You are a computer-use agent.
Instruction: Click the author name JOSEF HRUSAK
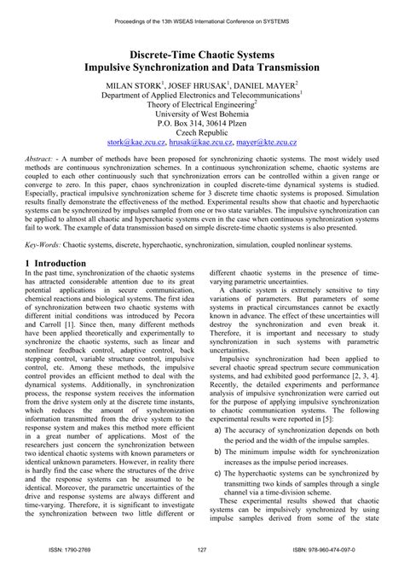pos(202,86)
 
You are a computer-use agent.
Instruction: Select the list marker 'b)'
pos(219,449)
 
